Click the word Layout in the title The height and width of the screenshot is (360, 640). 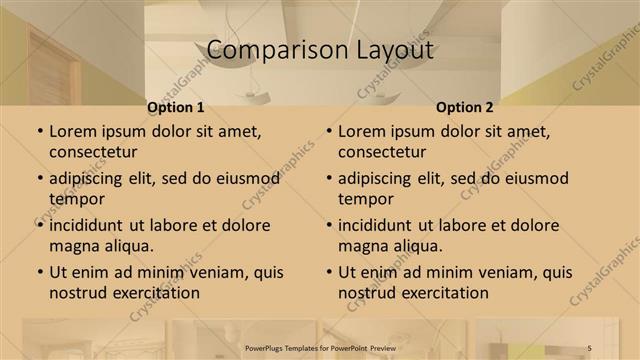(392, 50)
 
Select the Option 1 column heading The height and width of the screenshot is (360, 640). (175, 107)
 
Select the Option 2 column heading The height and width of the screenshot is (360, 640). (464, 107)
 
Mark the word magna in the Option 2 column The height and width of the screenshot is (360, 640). (362, 246)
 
